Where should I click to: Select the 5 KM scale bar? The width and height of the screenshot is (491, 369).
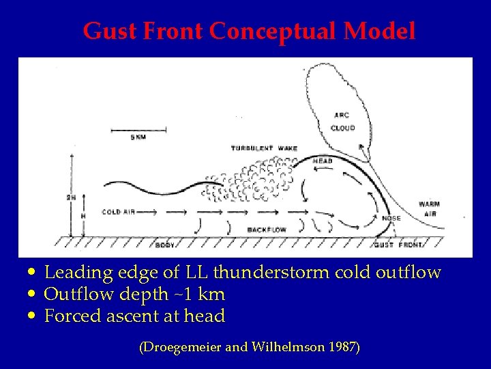coord(138,129)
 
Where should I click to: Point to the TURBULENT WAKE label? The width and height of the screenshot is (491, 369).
coord(263,148)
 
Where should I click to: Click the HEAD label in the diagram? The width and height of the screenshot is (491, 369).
coord(323,161)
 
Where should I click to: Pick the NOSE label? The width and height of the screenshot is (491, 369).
coord(391,218)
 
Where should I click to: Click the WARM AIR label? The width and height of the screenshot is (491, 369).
coord(429,208)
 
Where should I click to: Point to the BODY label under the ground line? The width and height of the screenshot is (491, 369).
coord(165,245)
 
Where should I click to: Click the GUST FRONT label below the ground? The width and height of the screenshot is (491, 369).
coord(398,245)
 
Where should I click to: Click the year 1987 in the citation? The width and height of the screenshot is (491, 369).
coord(342,347)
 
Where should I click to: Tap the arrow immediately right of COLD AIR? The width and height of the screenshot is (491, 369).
coord(146,213)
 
